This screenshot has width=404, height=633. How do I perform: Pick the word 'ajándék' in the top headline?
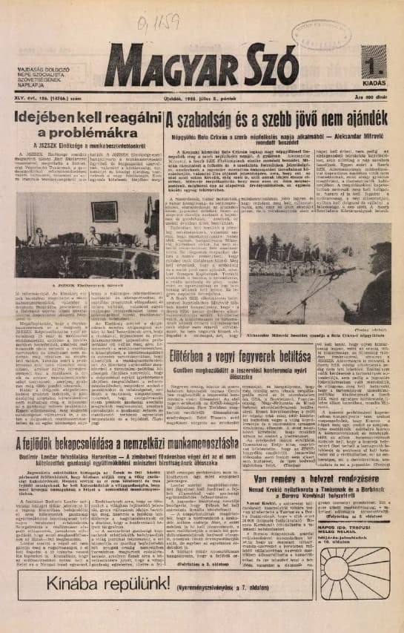359,119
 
